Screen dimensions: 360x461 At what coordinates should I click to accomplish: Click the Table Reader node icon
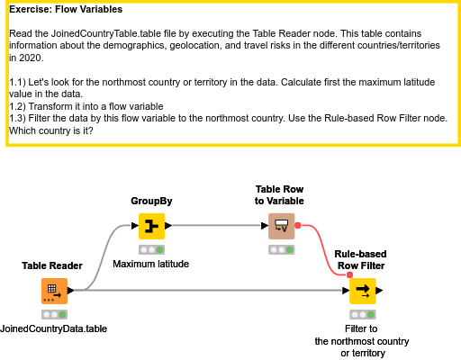(x=53, y=291)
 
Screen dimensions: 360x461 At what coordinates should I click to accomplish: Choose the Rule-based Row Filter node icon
(x=362, y=291)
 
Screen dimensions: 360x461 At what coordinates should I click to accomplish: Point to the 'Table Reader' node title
(x=52, y=265)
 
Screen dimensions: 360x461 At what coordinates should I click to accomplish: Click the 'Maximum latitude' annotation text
(x=150, y=264)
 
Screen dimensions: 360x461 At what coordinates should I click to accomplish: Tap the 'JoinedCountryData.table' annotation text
(x=54, y=328)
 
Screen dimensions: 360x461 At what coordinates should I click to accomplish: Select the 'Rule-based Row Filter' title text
(x=360, y=260)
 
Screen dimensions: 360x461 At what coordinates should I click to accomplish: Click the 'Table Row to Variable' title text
(x=281, y=194)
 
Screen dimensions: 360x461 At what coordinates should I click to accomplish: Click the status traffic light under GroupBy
(x=151, y=249)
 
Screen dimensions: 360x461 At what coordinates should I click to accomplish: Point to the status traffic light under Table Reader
(x=53, y=314)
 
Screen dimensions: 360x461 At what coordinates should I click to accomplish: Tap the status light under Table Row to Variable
(x=281, y=249)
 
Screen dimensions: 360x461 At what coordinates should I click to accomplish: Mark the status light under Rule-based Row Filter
(x=362, y=314)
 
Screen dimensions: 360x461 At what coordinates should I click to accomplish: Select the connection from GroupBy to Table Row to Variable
(x=216, y=226)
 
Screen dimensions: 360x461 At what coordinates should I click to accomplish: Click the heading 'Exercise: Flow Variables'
(x=66, y=10)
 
